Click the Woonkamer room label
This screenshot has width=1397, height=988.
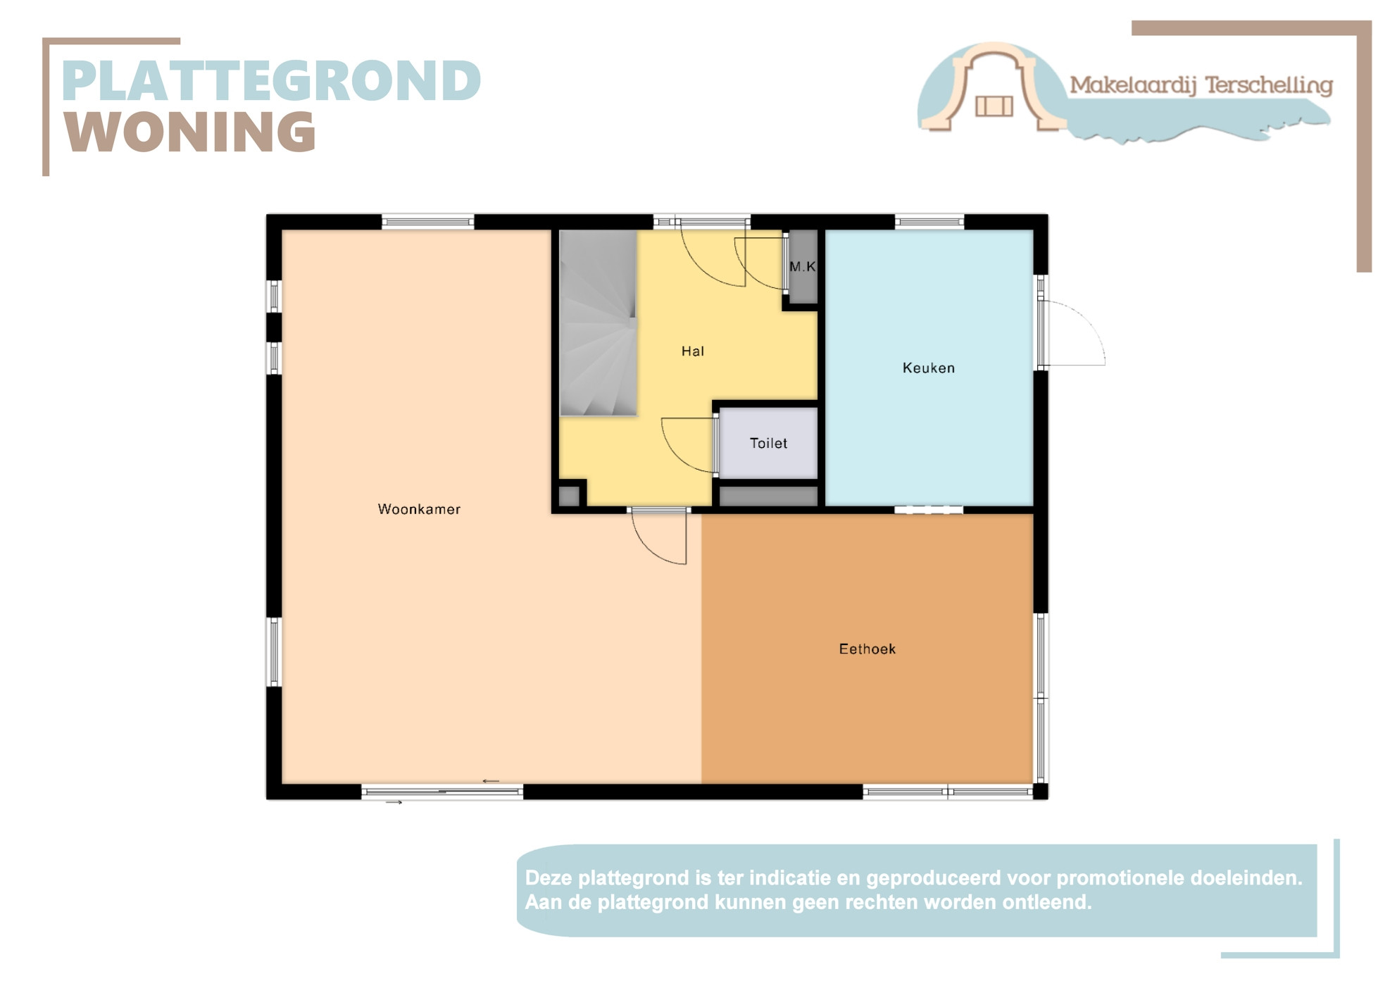(x=419, y=509)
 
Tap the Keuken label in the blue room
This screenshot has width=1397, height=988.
(x=929, y=368)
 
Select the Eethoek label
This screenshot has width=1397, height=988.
(x=867, y=649)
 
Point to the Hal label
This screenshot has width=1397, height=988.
(x=693, y=351)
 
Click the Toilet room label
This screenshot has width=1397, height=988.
(x=768, y=443)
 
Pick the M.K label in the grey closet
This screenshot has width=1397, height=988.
(x=803, y=266)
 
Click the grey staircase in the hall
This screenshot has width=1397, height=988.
(x=599, y=323)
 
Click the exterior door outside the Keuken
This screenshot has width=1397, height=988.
(x=1072, y=333)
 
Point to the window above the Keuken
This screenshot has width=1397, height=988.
(x=929, y=223)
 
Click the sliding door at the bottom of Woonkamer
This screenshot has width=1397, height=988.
(x=442, y=792)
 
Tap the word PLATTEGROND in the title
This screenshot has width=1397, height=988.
(x=272, y=81)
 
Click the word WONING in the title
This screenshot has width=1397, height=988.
(x=190, y=132)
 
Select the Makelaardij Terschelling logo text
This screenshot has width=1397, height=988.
(x=1201, y=86)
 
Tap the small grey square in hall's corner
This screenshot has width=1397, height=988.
(x=569, y=496)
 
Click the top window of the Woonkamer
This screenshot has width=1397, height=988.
(x=428, y=223)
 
